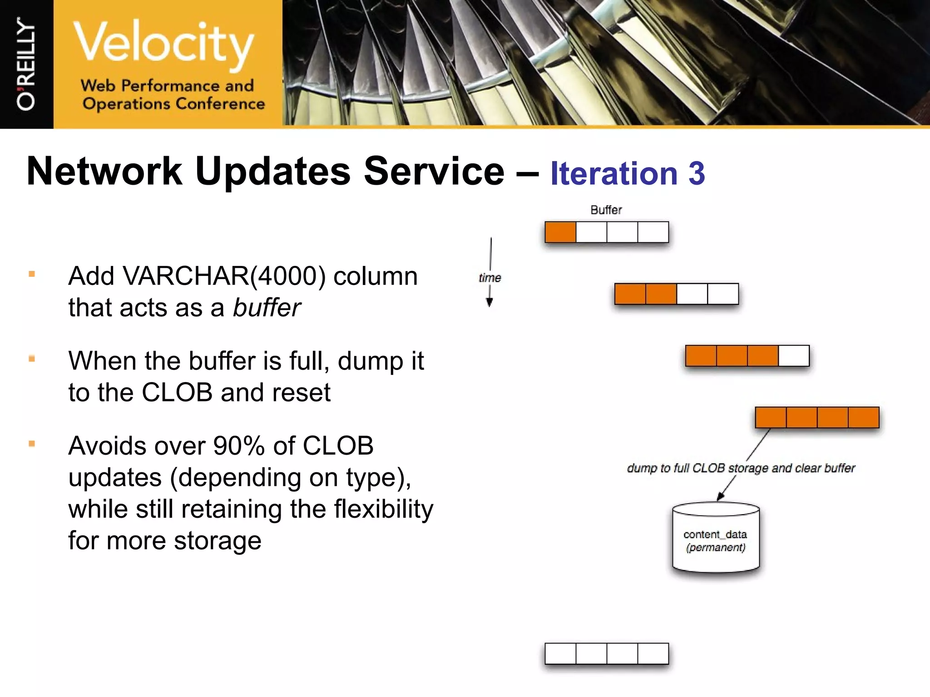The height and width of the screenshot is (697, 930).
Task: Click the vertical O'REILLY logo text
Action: (26, 64)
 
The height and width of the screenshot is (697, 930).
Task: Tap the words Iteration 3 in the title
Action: (627, 173)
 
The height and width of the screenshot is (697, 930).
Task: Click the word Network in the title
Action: (104, 171)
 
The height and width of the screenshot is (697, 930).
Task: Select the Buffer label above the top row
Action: (606, 210)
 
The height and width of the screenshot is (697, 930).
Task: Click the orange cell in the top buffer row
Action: (560, 232)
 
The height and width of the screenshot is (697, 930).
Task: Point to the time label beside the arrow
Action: (490, 278)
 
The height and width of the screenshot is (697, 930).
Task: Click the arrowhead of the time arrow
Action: (490, 303)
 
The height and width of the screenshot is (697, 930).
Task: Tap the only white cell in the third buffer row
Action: (794, 356)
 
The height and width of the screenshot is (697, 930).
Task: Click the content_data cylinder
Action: (716, 538)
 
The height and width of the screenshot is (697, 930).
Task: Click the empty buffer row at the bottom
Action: (607, 653)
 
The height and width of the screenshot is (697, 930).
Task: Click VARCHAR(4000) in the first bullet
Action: (224, 276)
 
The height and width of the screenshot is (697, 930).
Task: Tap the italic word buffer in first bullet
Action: (267, 308)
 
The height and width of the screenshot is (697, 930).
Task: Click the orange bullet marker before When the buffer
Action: (32, 359)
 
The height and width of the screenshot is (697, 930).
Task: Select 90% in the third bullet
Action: (239, 446)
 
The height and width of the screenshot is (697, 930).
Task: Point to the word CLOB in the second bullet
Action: (177, 393)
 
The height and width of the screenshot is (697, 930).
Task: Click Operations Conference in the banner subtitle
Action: (173, 103)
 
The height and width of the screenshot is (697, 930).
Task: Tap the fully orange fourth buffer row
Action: (817, 417)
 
